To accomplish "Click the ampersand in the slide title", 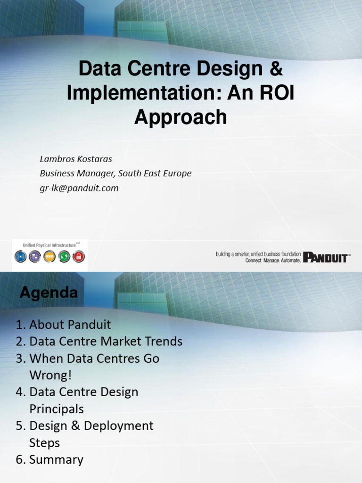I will point(276,68).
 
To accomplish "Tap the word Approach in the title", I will point(181,117).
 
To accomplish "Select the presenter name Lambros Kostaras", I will point(76,158).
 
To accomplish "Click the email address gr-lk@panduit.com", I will point(79,188).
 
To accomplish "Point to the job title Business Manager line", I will point(115,173).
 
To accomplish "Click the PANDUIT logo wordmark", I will point(326,258).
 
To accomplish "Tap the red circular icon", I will point(79,257).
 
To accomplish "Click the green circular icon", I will point(64,257).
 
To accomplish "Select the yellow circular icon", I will point(49,257).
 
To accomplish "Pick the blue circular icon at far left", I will point(20,257).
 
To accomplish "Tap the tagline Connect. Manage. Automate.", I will point(272,260).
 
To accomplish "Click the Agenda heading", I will point(49,293).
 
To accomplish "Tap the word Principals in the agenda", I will point(57,409).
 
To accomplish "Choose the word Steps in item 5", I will point(44,443).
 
